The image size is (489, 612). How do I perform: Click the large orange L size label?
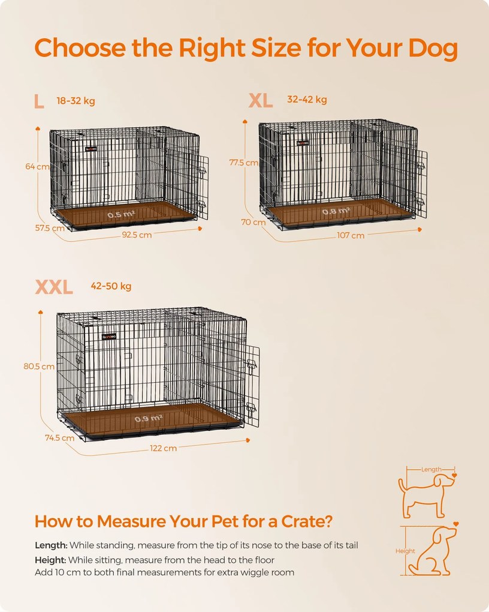[x=39, y=101]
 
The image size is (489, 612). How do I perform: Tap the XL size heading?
[x=261, y=101]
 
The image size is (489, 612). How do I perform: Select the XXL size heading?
[x=54, y=287]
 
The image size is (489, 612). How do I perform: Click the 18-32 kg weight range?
[x=76, y=101]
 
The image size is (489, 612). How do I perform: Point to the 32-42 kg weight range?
[x=307, y=100]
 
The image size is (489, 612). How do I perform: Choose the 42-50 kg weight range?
[x=111, y=286]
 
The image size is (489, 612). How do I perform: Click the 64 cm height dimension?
[x=37, y=167]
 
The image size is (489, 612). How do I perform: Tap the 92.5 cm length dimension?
[x=137, y=235]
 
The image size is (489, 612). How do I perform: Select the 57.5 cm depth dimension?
[x=50, y=228]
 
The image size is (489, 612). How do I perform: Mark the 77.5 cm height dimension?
[x=243, y=163]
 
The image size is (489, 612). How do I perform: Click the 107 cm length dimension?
[x=351, y=235]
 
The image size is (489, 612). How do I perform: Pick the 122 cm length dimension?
[x=162, y=448]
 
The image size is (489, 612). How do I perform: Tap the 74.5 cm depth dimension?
[x=59, y=437]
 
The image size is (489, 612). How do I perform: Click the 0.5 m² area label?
[x=121, y=214]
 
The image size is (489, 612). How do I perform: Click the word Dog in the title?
[x=426, y=49]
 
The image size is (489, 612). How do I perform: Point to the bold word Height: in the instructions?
[x=51, y=559]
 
